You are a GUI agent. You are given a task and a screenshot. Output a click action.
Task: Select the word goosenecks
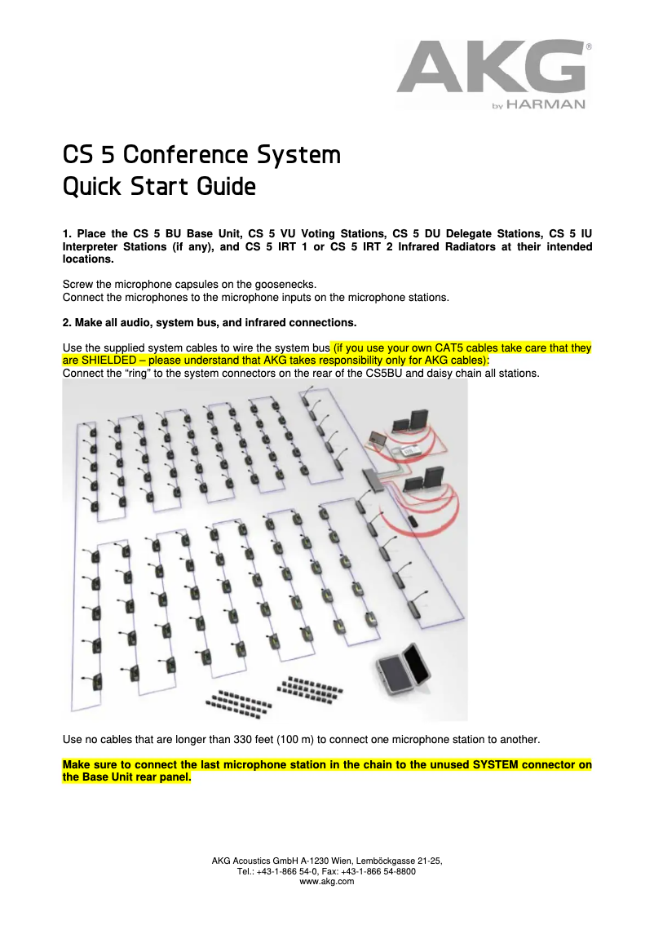(266, 284)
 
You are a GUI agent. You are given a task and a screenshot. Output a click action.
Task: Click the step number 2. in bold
(68, 321)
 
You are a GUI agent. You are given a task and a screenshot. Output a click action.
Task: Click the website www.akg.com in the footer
(327, 882)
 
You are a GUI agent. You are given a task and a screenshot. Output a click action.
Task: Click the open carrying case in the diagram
(404, 669)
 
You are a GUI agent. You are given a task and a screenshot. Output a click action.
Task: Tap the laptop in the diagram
(378, 439)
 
